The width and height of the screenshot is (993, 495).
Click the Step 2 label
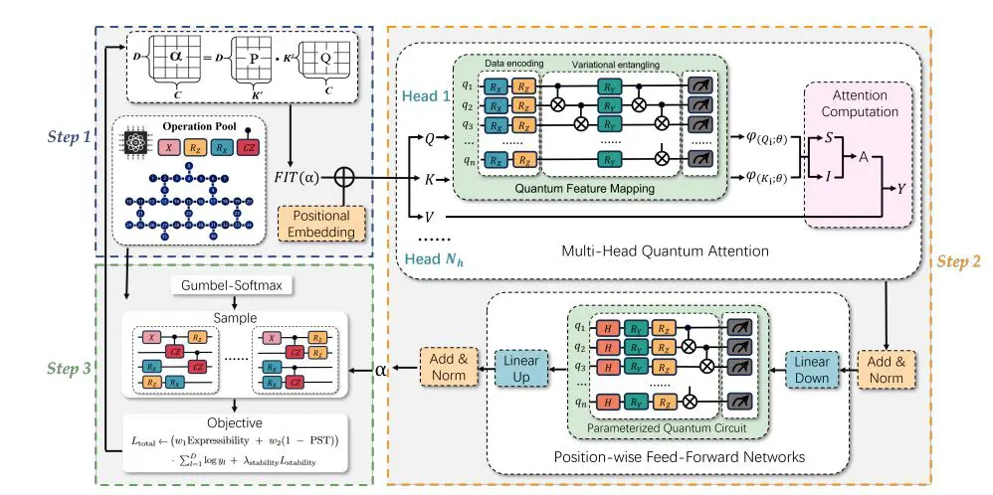pyautogui.click(x=959, y=261)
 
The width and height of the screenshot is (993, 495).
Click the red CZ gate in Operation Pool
pyautogui.click(x=292, y=147)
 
